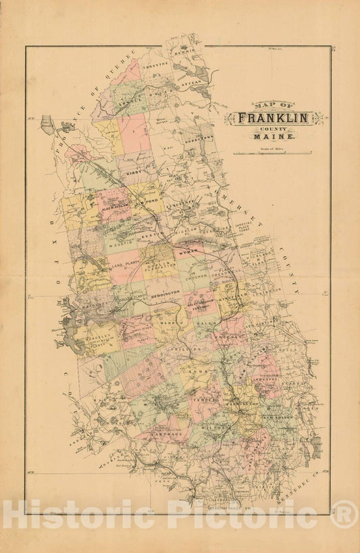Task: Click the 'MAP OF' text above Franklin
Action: coord(265,105)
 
